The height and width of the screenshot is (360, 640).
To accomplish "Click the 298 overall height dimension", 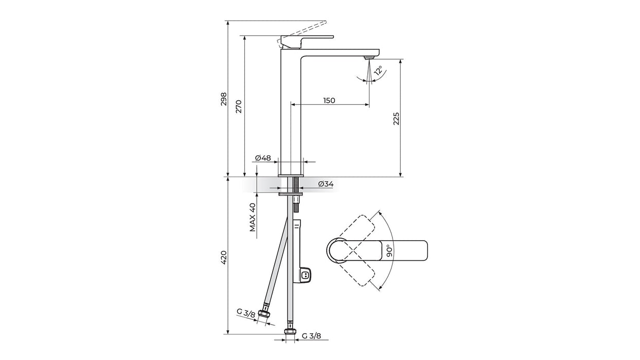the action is (224, 99).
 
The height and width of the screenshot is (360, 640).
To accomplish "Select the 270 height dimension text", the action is (239, 106).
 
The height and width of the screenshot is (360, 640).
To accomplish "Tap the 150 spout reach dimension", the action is (329, 101).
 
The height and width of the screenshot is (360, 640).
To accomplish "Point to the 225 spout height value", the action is (396, 119).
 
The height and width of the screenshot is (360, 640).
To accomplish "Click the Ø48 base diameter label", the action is (263, 158).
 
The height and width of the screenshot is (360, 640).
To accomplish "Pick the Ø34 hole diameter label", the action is (326, 184).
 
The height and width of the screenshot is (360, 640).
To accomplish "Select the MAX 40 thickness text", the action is (253, 217).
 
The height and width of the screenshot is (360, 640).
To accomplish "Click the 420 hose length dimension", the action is (224, 257).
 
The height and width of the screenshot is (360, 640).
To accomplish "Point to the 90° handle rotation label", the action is (389, 251).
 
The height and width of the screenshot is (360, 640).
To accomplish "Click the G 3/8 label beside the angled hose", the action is (246, 313).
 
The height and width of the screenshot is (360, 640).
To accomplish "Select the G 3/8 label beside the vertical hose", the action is (311, 336).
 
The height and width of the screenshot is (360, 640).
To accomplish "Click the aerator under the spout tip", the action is (369, 58).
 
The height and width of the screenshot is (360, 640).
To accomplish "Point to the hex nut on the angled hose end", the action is (264, 314).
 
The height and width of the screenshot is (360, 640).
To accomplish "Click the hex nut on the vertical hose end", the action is (290, 331).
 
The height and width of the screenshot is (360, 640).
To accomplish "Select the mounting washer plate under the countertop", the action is (290, 194).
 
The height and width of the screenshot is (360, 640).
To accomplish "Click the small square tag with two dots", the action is (306, 275).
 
